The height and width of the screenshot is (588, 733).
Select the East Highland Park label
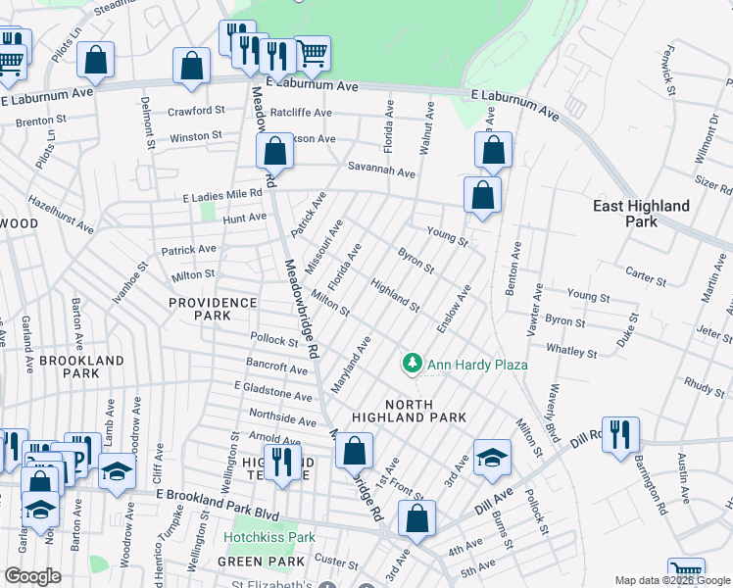pos(642,214)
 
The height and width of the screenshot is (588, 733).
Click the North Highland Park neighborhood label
pos(425,411)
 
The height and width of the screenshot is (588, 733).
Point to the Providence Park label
pos(214,310)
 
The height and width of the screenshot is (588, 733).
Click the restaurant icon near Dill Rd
pos(620,435)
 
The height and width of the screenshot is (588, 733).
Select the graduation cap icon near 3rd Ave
pos(492,457)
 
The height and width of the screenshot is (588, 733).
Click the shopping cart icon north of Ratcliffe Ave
pos(312,53)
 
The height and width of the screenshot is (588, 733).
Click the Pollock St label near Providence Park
pos(273,341)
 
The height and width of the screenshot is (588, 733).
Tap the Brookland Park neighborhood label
pos(81,367)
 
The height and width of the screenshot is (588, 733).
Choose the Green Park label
pos(249,562)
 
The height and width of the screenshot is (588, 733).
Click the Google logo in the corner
pos(32,576)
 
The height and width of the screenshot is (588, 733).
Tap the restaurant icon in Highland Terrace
pos(283,461)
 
